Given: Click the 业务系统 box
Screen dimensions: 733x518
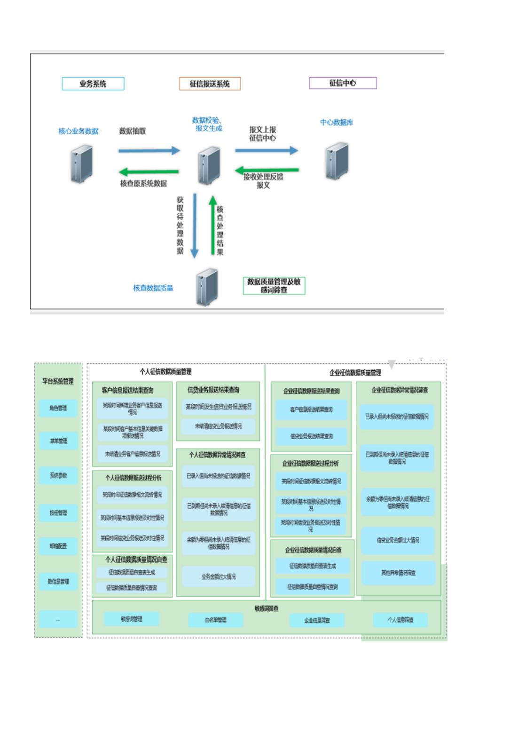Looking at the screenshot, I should point(93,84).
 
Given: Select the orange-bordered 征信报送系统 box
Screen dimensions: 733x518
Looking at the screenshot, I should point(210,84).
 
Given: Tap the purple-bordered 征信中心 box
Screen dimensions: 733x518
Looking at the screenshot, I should point(343,83).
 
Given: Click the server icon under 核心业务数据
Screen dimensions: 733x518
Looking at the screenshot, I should point(81,164).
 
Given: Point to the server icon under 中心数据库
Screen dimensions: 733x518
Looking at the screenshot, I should point(337,161).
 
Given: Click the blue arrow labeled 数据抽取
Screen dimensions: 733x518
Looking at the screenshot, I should point(149,150).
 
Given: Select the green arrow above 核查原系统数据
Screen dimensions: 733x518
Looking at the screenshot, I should point(149,172).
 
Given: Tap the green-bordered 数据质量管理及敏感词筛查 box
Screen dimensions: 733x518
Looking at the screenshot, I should point(274,285).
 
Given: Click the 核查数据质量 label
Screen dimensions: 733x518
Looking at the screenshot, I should point(153,288).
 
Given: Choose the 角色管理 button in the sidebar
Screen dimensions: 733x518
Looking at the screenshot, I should point(58,408).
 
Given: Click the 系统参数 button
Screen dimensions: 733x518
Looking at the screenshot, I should point(58,475).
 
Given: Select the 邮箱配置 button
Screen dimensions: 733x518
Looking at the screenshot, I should point(58,546).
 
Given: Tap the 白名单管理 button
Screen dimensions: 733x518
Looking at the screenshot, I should point(216,620).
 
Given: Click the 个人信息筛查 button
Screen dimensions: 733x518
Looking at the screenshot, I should point(400,620).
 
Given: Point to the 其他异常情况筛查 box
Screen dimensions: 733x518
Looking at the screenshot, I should point(398,573).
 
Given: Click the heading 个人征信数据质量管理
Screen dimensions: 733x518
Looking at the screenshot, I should point(165,371).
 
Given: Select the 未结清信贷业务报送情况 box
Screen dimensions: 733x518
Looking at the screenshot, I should point(218,426).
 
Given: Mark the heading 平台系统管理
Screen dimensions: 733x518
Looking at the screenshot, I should point(58,381).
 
